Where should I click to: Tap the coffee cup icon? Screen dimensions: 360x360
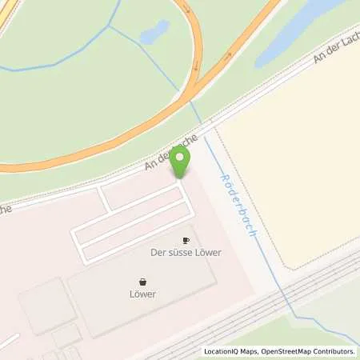[186, 239]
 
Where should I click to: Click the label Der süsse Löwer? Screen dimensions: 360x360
[186, 252]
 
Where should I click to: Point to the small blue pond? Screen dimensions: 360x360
[154, 31]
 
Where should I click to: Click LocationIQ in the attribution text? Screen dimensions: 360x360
[220, 351]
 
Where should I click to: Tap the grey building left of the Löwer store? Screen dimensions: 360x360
[46, 306]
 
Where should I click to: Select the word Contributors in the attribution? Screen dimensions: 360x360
[330, 351]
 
